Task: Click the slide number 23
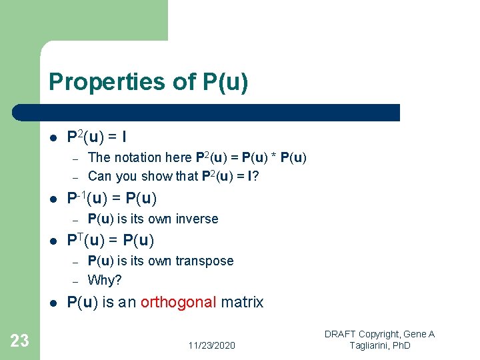click(x=20, y=341)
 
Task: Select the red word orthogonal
click(x=179, y=303)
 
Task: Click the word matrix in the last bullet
click(x=243, y=303)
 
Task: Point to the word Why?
click(x=105, y=280)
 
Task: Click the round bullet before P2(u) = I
click(x=53, y=138)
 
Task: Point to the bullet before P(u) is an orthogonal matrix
click(x=53, y=303)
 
